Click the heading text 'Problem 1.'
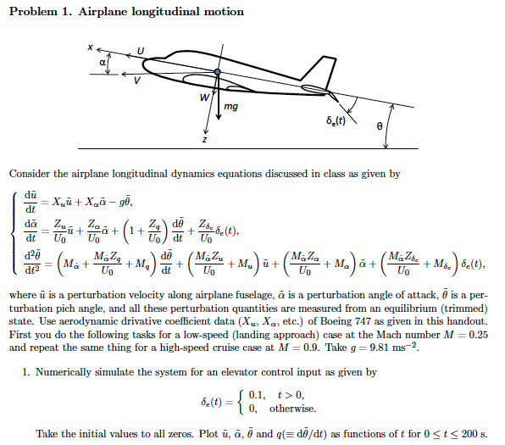(x=41, y=12)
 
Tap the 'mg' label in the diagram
(x=231, y=108)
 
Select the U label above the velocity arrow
(x=142, y=53)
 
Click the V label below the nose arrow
(x=136, y=81)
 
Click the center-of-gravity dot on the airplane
(x=218, y=72)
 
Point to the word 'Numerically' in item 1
(x=71, y=372)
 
